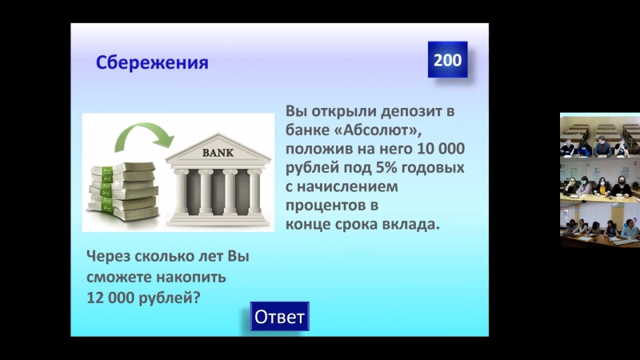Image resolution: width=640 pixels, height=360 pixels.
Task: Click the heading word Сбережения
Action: tap(152, 63)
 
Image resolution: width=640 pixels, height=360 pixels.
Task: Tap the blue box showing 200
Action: tap(447, 59)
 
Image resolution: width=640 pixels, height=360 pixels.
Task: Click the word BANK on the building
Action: tap(218, 153)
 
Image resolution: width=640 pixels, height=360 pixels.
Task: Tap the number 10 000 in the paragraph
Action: tap(441, 149)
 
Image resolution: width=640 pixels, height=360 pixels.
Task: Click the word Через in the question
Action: tap(108, 257)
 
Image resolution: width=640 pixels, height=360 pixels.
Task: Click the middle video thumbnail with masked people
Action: tap(600, 179)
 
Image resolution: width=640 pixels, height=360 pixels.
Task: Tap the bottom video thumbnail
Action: tap(600, 224)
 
